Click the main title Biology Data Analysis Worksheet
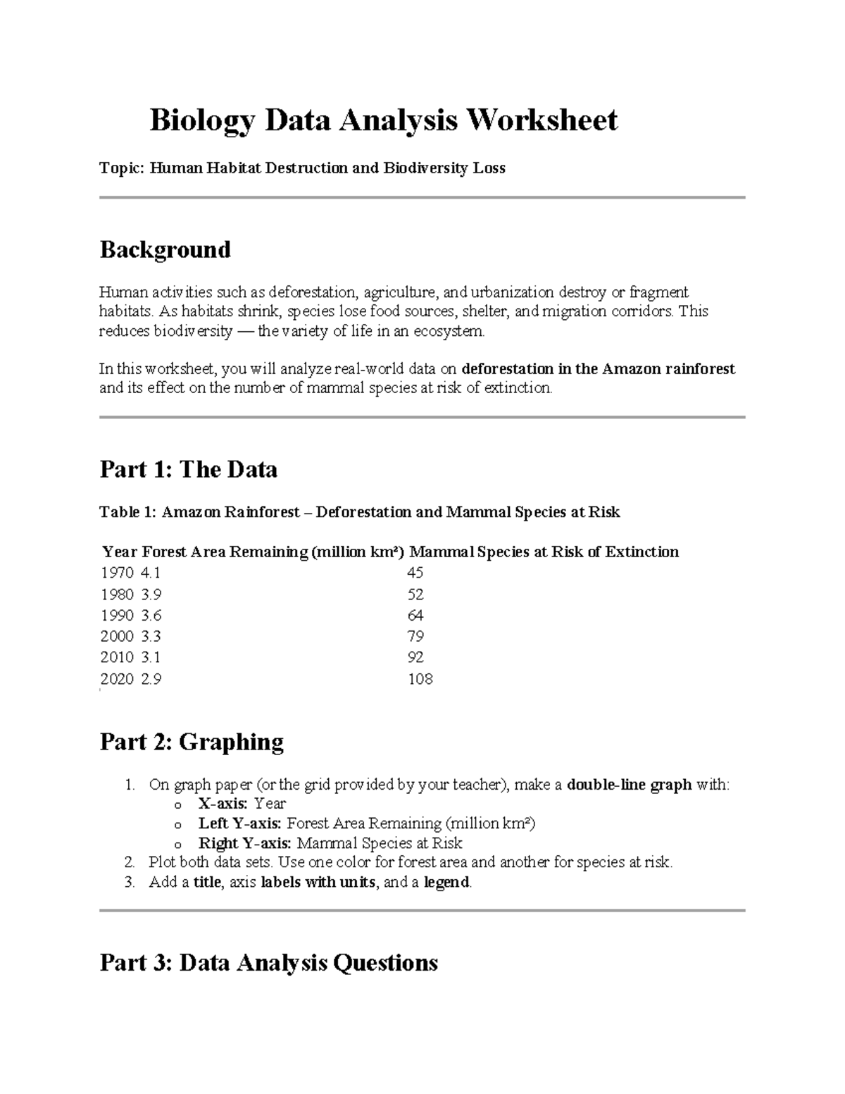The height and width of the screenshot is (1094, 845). tap(383, 120)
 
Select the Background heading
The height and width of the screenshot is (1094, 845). tap(165, 249)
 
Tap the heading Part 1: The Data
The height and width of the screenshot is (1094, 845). tap(188, 469)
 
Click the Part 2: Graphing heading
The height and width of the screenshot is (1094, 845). tap(192, 742)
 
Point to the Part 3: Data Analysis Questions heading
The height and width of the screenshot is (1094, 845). tap(268, 962)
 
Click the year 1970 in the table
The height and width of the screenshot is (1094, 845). tap(117, 573)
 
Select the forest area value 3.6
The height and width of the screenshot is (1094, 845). tap(151, 615)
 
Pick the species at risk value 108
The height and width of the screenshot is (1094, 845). tap(420, 679)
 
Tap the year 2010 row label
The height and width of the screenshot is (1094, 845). tap(117, 657)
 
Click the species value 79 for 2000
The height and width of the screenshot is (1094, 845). tap(415, 636)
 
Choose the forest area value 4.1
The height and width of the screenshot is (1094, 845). tap(151, 573)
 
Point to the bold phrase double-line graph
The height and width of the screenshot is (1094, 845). tap(629, 785)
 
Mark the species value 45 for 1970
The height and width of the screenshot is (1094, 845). tap(415, 573)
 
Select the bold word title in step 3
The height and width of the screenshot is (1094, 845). tap(207, 883)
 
